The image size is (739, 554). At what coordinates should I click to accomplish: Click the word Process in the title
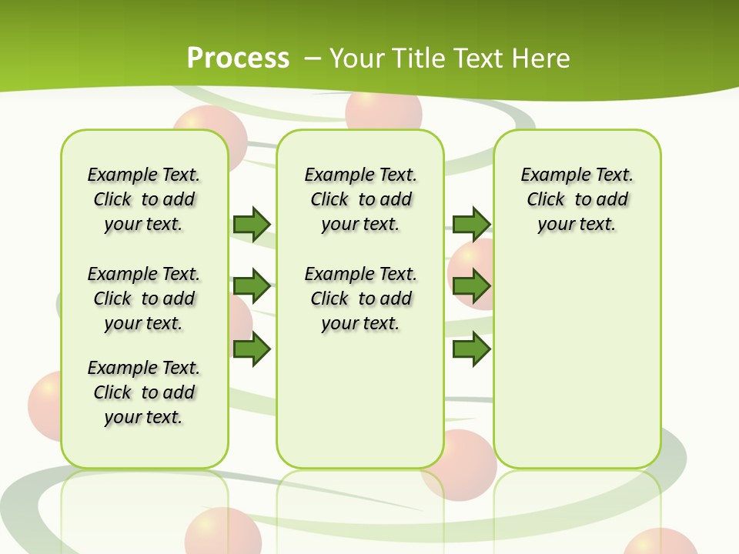tap(238, 58)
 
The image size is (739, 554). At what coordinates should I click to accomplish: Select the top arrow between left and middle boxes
tap(251, 224)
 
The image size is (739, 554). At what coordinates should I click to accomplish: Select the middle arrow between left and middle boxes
tap(251, 287)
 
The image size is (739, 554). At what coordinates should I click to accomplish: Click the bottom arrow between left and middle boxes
tap(251, 349)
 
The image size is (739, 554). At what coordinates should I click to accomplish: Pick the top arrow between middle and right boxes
tap(471, 224)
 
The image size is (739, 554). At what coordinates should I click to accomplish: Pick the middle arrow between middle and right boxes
tap(471, 287)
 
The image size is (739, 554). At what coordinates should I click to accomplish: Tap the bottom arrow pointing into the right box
tap(471, 349)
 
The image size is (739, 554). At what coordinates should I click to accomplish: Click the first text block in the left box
tap(144, 199)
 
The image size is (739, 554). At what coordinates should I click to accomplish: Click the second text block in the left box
tap(144, 299)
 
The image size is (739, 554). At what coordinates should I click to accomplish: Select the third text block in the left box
tap(144, 392)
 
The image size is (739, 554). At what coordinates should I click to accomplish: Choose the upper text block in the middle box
tap(361, 199)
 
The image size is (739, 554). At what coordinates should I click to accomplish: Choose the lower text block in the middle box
tap(361, 299)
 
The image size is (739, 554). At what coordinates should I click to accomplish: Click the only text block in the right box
tap(577, 199)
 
